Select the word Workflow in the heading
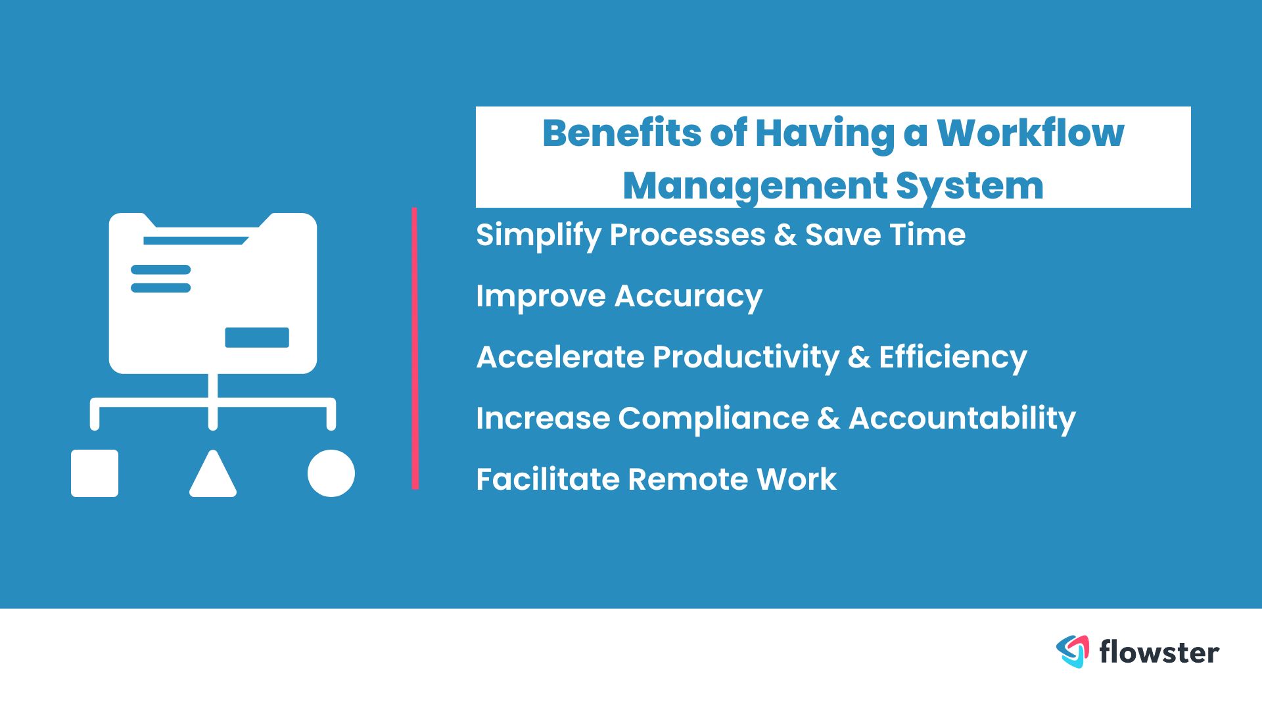[x=1030, y=133]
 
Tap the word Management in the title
[x=755, y=187]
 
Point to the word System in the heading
[x=970, y=187]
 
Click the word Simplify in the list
[x=538, y=235]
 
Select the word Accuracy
[x=688, y=296]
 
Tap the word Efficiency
[x=953, y=358]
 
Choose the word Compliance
[x=713, y=419]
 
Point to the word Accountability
[x=962, y=419]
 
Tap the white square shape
[x=95, y=473]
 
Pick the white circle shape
[x=331, y=473]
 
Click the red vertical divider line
[x=415, y=348]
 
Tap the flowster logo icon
[x=1073, y=651]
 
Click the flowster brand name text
[x=1159, y=652]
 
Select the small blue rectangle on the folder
[x=257, y=337]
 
